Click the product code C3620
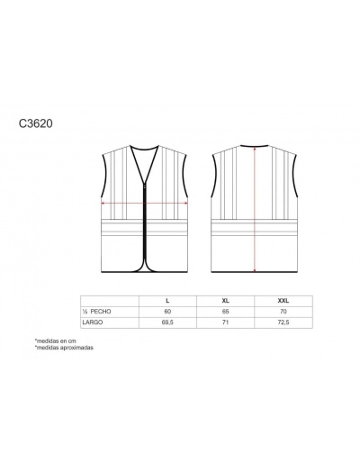pyautogui.click(x=36, y=123)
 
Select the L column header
pyautogui.click(x=167, y=301)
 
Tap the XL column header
pyautogui.click(x=226, y=301)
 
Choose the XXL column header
pyautogui.click(x=283, y=301)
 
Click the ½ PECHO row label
pyautogui.click(x=96, y=312)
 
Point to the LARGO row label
pyautogui.click(x=93, y=322)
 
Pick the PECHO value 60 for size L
pyautogui.click(x=167, y=312)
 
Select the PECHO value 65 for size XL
pyautogui.click(x=226, y=312)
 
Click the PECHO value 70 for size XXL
pyautogui.click(x=283, y=312)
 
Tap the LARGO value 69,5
pyautogui.click(x=167, y=322)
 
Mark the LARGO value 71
pyautogui.click(x=226, y=322)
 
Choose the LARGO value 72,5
pyautogui.click(x=283, y=322)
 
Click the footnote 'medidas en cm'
pyautogui.click(x=56, y=340)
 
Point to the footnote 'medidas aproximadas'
pyautogui.click(x=64, y=348)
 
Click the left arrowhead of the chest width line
pyautogui.click(x=103, y=204)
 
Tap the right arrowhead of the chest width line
pyautogui.click(x=186, y=204)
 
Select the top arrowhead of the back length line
pyautogui.click(x=255, y=148)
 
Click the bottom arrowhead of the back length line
pyautogui.click(x=255, y=271)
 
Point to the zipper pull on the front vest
pyautogui.click(x=145, y=186)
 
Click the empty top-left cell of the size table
pyautogui.click(x=110, y=301)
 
